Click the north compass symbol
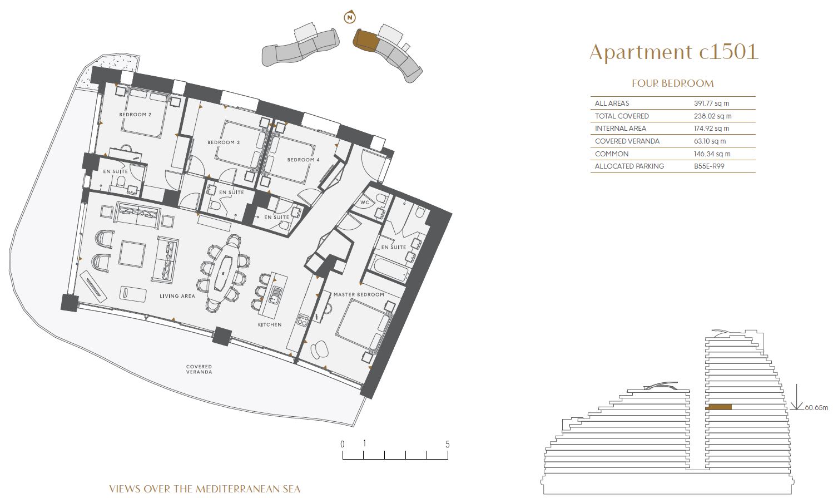point(350,17)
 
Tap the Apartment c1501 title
point(673,52)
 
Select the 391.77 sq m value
point(711,103)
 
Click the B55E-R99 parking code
point(709,166)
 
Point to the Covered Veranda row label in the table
point(627,141)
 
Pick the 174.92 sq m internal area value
point(711,129)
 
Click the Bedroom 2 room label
point(135,115)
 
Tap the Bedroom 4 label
point(304,160)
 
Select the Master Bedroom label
point(359,294)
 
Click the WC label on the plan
point(365,203)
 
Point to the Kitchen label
point(270,324)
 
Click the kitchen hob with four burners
point(303,320)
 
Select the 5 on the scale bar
point(448,445)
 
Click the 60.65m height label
point(816,407)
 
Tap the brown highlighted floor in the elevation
point(718,407)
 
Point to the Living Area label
point(177,296)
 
